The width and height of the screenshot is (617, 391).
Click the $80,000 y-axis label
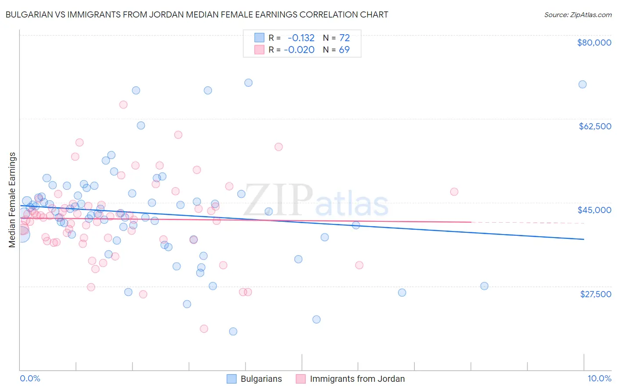pos(594,43)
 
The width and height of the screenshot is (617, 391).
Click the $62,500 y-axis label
pos(595,126)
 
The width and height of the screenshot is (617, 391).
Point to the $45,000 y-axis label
pos(594,210)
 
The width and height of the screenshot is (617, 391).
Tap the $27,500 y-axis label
pos(595,294)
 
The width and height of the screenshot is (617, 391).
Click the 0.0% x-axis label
pos(30,378)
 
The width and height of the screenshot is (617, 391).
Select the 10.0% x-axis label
pos(599,378)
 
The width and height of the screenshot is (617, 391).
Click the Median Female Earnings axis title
pos(12,200)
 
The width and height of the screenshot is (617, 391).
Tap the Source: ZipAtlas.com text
pos(578,14)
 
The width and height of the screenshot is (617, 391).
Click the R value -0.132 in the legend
pos(301,38)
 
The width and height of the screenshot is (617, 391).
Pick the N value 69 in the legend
pos(344,50)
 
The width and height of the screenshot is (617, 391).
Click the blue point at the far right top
pos(582,85)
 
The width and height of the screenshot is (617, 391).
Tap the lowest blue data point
pos(233,331)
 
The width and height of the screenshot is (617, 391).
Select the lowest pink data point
pos(204,329)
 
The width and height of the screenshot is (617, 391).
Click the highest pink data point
pos(123,105)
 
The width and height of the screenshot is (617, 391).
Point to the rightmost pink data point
pos(454,192)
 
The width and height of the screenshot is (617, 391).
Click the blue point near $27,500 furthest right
pos(484,286)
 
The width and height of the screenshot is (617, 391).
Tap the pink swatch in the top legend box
pos(259,50)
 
